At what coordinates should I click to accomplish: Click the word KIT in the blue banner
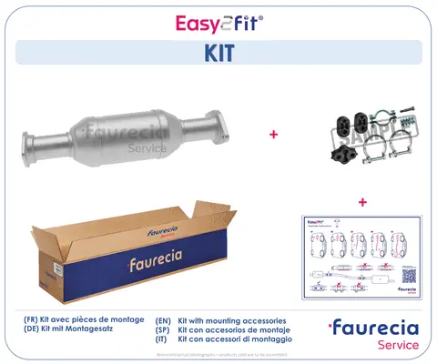click(218, 53)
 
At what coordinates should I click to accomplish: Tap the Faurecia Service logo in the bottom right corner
click(374, 334)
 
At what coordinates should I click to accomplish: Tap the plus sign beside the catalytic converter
click(272, 134)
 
